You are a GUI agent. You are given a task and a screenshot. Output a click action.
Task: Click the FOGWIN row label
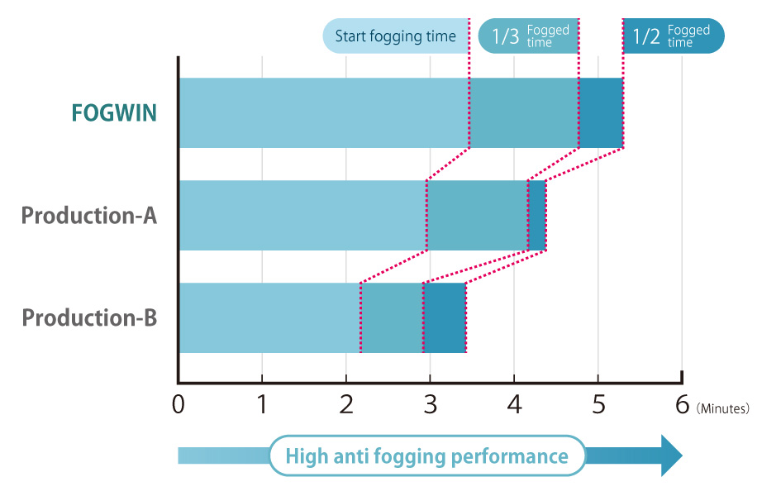click(114, 113)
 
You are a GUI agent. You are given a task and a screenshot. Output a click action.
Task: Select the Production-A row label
click(89, 216)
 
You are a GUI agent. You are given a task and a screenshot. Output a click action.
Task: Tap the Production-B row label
click(89, 318)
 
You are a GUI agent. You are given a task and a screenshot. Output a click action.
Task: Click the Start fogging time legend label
click(395, 36)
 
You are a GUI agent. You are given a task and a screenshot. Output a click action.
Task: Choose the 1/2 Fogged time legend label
click(673, 36)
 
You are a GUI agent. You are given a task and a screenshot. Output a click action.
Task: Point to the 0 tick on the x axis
click(179, 406)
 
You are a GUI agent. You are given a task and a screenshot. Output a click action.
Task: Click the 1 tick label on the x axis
click(262, 406)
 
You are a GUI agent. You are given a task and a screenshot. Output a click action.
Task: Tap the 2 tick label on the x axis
click(346, 406)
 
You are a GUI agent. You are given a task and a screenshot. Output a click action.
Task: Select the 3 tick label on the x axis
click(430, 406)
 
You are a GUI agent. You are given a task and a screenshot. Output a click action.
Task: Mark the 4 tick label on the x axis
click(514, 406)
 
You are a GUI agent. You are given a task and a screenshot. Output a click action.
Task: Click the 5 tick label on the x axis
click(598, 406)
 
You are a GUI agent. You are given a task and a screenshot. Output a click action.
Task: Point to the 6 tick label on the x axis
click(682, 406)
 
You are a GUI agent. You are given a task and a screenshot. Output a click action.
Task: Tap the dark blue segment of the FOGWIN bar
click(601, 113)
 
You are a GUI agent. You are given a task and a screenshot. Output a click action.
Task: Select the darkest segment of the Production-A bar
click(537, 216)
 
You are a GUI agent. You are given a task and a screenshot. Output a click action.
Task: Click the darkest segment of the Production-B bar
click(445, 318)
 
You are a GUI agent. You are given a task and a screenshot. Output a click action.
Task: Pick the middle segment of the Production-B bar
click(392, 318)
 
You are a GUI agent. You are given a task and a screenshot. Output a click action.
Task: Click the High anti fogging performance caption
click(426, 456)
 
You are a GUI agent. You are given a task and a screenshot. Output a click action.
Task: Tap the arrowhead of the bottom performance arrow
click(671, 456)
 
